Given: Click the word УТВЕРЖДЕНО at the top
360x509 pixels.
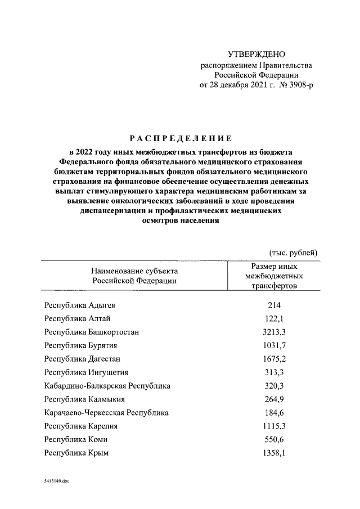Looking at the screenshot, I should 256,55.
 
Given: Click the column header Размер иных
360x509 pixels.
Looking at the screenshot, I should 274,266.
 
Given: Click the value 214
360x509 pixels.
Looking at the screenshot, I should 274,306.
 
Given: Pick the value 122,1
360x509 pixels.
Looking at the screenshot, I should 274,319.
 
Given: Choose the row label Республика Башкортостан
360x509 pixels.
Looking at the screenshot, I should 91,332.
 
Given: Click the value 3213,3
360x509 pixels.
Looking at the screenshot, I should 274,332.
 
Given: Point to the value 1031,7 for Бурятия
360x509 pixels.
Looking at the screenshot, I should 274,345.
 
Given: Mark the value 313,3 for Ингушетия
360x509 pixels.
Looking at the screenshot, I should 274,372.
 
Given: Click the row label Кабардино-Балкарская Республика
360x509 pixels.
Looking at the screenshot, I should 107,386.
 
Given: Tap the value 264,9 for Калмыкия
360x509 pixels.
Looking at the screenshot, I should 274,399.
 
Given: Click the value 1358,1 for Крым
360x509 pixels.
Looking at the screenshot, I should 274,453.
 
